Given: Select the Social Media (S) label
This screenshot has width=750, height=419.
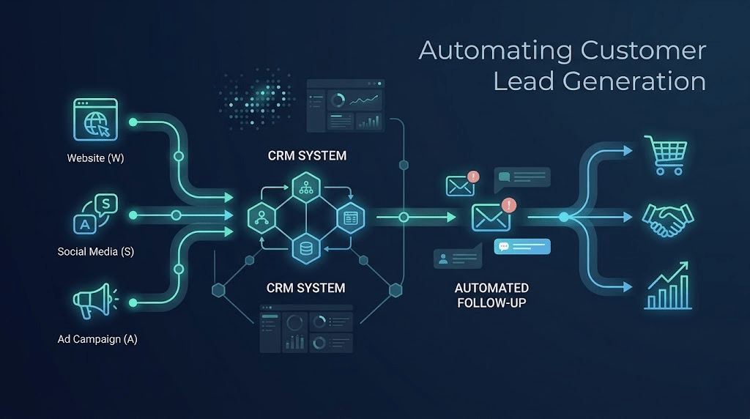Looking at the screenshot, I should pos(95,251).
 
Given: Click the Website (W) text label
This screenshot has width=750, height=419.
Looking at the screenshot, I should pos(95,157).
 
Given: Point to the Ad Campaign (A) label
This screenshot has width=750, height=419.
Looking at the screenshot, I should pos(97,339).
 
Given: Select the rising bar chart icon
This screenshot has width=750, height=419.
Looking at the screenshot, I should pos(667,286).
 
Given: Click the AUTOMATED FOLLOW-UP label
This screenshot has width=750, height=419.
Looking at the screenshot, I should pos(491,295).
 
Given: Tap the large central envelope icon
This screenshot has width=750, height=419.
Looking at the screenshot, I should pos(491,217).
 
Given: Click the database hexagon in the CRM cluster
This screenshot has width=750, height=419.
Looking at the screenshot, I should pos(305,249).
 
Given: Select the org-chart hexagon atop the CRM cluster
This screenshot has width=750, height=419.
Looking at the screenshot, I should pos(305,187).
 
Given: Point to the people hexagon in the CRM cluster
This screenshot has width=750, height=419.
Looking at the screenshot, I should pos(261,218).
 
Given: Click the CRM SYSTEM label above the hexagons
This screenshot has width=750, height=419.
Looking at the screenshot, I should pos(307,156).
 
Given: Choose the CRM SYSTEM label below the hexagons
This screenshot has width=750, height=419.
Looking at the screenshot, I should pos(305,288).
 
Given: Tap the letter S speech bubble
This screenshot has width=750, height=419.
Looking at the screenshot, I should pos(106,203).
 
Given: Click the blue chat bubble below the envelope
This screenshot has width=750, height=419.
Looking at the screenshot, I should pos(521,246).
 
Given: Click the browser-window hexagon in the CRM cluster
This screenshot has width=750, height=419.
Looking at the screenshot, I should pos(349,218).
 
